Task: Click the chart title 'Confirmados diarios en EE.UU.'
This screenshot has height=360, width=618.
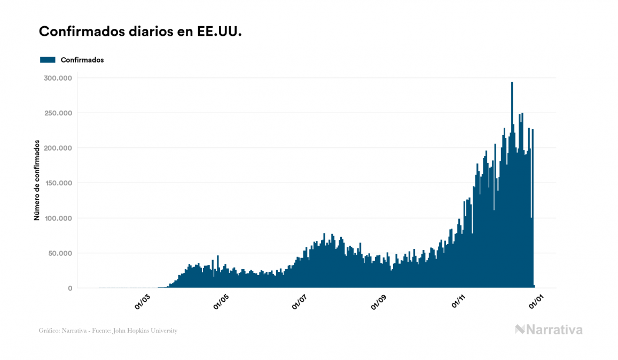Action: pyautogui.click(x=140, y=31)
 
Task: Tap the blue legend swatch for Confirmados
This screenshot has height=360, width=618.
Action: pyautogui.click(x=48, y=60)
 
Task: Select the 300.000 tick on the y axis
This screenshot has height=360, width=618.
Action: pyautogui.click(x=59, y=78)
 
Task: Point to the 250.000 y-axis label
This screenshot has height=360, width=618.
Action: pyautogui.click(x=59, y=113)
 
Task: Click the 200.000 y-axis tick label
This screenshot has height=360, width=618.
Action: pyautogui.click(x=59, y=148)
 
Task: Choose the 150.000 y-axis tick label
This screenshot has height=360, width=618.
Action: pyautogui.click(x=59, y=183)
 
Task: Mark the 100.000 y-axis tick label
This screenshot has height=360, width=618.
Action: pyautogui.click(x=59, y=218)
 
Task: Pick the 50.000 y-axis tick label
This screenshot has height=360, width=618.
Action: pyautogui.click(x=61, y=253)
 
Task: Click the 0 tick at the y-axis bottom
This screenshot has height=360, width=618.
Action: pyautogui.click(x=69, y=288)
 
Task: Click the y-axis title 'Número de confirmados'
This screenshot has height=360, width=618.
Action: pyautogui.click(x=37, y=181)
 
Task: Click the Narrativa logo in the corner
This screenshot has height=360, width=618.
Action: pyautogui.click(x=549, y=330)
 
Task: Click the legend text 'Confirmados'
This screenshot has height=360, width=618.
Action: pyautogui.click(x=82, y=60)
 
